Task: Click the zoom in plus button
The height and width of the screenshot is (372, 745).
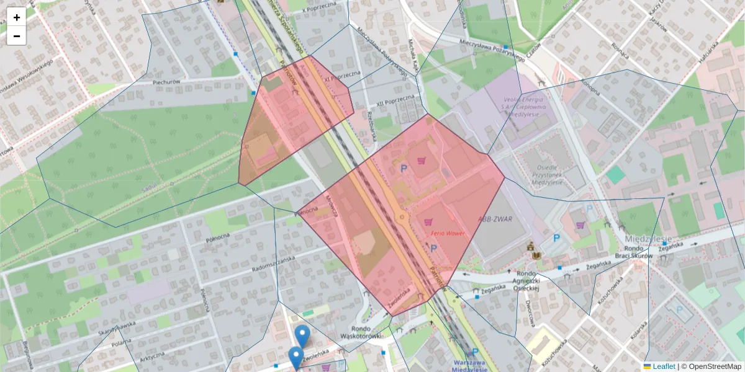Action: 17,17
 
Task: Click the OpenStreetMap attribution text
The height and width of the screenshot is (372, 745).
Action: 711,366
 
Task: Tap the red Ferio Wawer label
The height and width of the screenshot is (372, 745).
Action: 448,233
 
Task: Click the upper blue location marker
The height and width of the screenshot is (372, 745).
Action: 302,335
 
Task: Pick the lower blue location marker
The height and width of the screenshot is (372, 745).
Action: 296,357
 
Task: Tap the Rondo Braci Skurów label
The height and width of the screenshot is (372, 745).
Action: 632,252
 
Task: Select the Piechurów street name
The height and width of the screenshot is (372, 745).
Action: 166,82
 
